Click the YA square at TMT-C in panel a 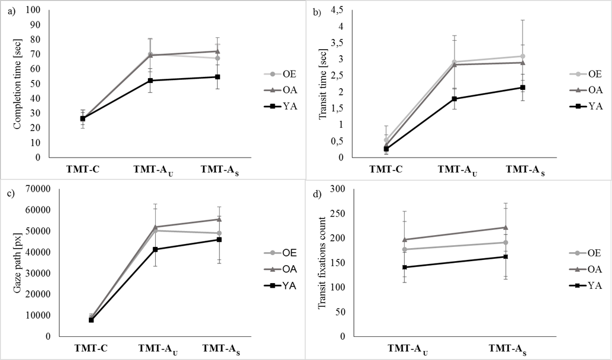83,118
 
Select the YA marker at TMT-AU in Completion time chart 150,81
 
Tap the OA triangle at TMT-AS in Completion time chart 218,51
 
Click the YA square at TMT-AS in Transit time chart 523,88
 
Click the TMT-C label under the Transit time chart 386,169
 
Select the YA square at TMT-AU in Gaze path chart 155,249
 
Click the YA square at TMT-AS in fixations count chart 505,256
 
